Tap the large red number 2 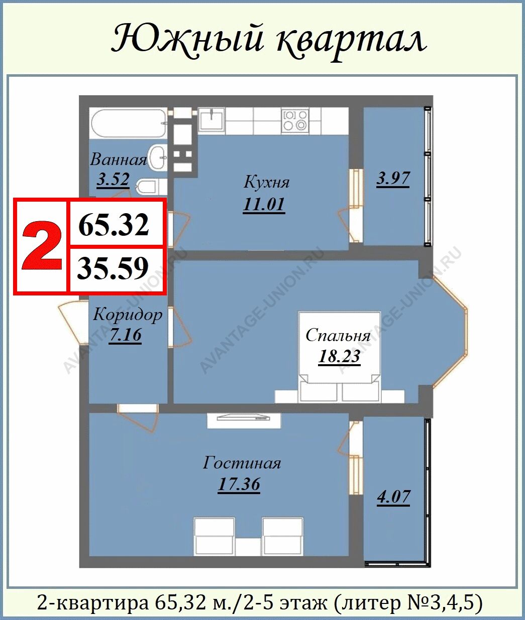42,245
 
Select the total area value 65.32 114,224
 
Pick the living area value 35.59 113,268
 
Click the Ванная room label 119,160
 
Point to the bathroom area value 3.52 113,180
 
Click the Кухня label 266,182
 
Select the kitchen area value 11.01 264,205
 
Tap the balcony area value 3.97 393,179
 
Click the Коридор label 128,315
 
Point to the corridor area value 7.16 125,335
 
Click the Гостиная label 242,463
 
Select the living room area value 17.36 239,484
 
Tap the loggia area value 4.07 393,497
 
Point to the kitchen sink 212,119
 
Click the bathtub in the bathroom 129,123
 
